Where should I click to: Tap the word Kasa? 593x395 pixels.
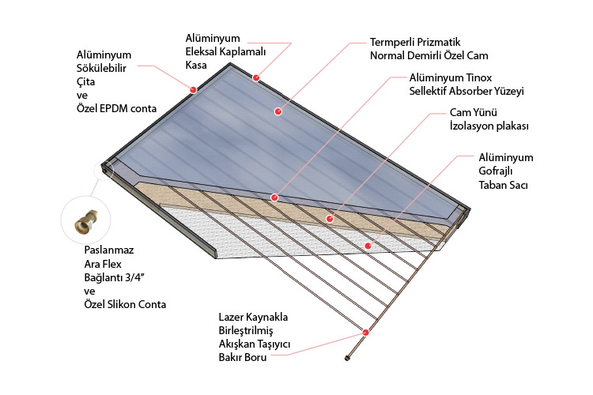click(195, 66)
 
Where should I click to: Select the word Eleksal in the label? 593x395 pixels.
click(193, 52)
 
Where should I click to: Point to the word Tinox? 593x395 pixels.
click(477, 78)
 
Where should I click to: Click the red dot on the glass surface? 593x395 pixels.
click(278, 111)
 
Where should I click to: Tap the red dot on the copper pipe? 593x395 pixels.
click(365, 332)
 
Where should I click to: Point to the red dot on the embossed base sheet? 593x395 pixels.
click(368, 246)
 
